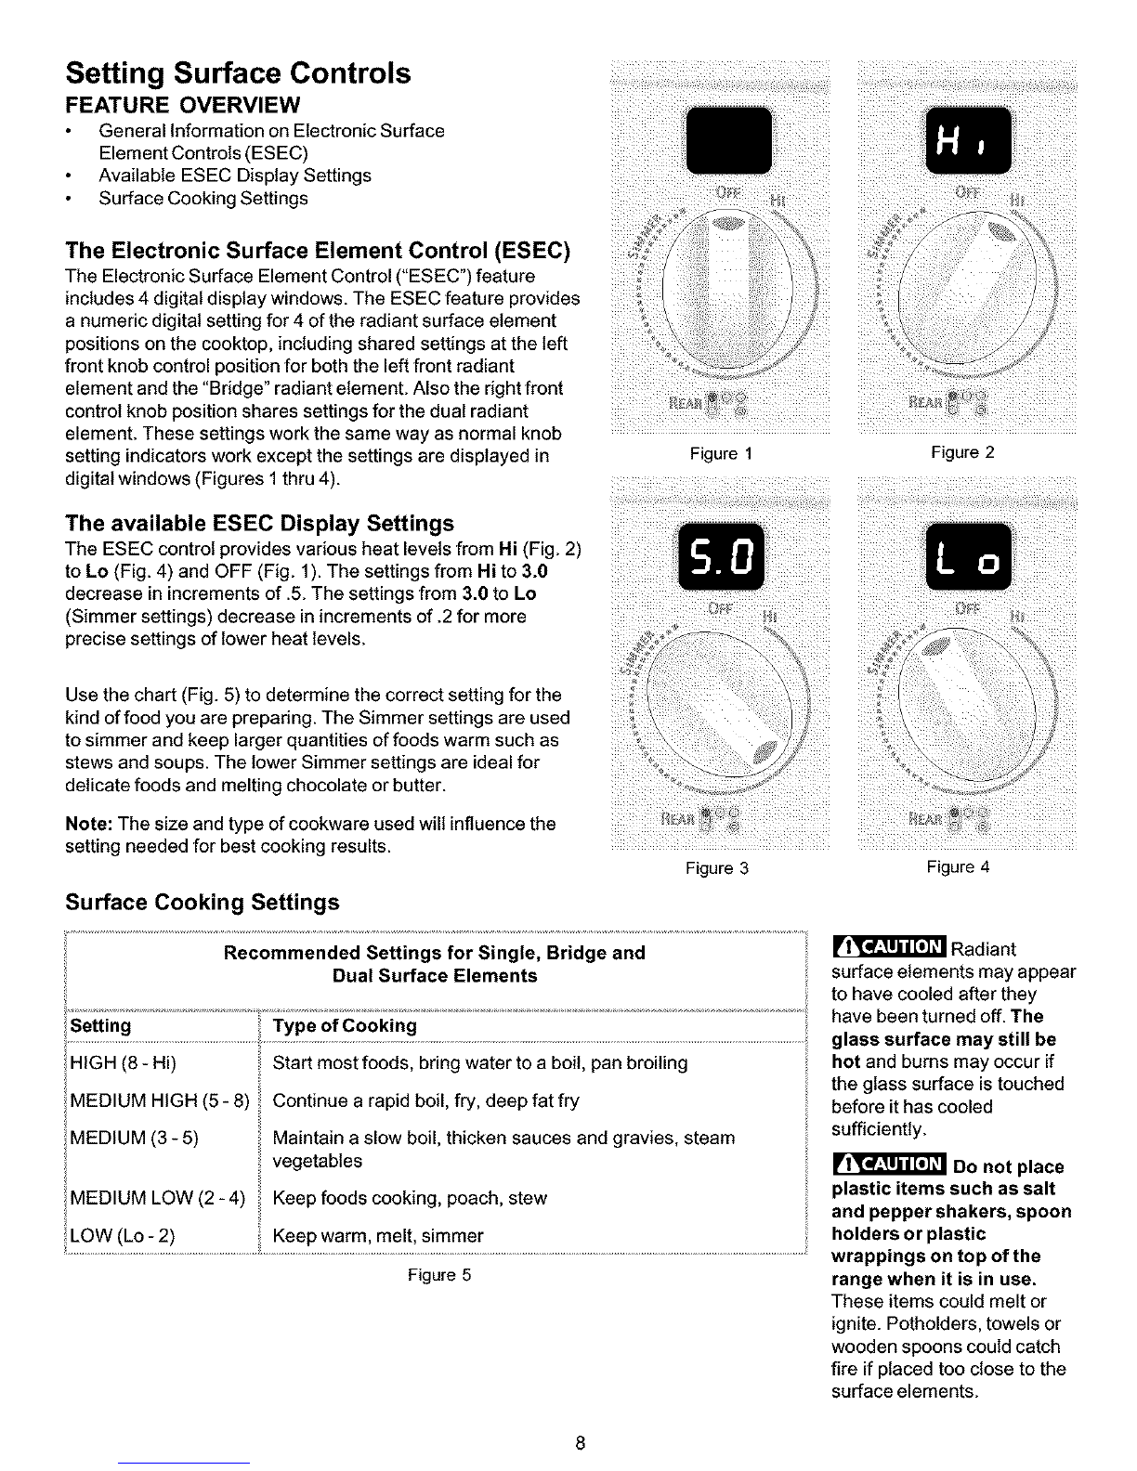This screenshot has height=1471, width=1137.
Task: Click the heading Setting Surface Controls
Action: pyautogui.click(x=238, y=73)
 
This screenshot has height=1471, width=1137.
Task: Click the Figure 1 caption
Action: pyautogui.click(x=720, y=454)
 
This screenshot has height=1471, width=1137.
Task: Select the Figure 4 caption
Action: pyautogui.click(x=958, y=867)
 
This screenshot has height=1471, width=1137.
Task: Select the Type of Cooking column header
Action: pyautogui.click(x=345, y=1026)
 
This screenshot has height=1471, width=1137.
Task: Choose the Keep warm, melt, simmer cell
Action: pyautogui.click(x=378, y=1236)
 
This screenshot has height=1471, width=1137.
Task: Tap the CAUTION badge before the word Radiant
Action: pyautogui.click(x=888, y=948)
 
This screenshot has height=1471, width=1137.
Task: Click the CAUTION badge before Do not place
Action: pyautogui.click(x=888, y=1165)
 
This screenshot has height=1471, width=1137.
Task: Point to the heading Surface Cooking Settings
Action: pyautogui.click(x=203, y=903)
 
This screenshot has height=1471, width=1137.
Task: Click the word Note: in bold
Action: pyautogui.click(x=89, y=824)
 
